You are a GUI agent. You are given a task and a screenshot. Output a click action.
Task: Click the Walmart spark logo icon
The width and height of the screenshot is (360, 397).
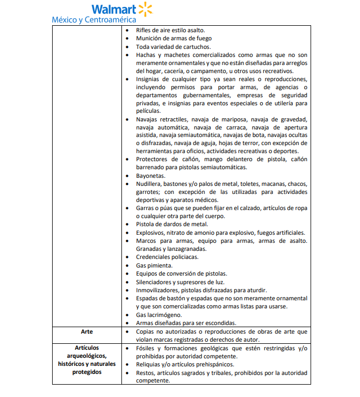[146, 9]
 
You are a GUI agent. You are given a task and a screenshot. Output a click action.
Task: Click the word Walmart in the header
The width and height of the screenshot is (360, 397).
[113, 9]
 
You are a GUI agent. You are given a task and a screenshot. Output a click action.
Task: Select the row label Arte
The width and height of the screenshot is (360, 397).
[86, 332]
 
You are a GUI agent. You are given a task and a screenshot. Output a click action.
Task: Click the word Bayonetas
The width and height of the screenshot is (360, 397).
[151, 176]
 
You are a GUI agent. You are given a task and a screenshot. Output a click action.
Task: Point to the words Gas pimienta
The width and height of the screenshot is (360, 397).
[154, 265]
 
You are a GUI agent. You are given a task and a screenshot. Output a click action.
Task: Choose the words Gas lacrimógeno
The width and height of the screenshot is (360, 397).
[159, 314]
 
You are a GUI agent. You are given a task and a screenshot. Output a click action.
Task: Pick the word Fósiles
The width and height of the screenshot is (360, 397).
[146, 348]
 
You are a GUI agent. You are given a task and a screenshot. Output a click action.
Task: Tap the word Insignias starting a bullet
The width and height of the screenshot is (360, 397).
[149, 79]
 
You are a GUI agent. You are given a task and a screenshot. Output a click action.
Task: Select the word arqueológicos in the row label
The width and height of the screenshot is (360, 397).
[86, 356]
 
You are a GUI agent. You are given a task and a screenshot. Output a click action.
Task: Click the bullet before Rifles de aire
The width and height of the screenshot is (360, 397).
[126, 31]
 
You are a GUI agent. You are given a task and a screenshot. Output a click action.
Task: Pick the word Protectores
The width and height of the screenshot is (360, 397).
[153, 160]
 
